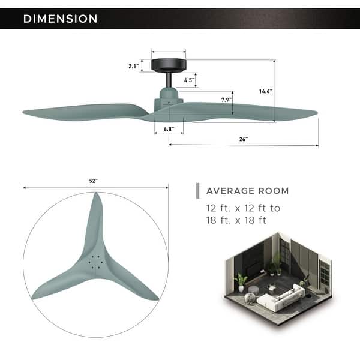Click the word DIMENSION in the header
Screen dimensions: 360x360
60,19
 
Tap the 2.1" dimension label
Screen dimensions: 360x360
133,67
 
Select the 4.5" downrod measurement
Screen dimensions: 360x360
188,79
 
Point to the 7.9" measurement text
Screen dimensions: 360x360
226,100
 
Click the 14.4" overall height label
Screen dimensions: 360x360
265,91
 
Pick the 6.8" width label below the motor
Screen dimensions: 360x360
160,127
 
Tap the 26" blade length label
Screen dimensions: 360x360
243,139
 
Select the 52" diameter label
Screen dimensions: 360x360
94,181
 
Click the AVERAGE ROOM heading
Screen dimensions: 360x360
247,191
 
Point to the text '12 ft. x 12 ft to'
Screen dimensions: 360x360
243,208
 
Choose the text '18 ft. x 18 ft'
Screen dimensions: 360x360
236,220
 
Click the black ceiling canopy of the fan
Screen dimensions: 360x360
168,64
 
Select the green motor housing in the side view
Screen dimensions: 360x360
168,97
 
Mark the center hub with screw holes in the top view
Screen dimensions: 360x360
94,262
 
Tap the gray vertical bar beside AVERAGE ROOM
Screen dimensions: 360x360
197,191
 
